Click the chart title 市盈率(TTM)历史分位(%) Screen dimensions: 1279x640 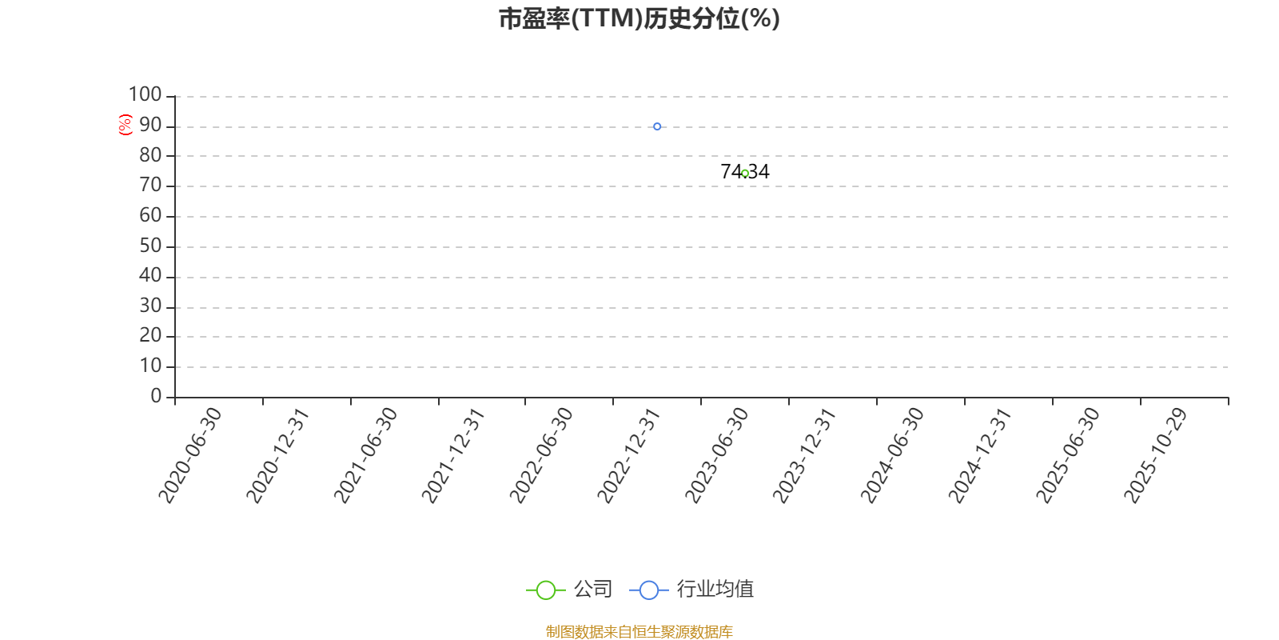point(639,18)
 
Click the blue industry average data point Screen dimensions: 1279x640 point(657,126)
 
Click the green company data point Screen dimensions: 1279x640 point(745,173)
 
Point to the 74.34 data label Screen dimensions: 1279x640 point(745,171)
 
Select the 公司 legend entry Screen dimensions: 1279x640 point(569,589)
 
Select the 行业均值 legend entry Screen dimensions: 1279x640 point(691,589)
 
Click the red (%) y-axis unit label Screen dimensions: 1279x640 point(125,125)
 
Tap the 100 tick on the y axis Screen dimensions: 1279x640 point(145,94)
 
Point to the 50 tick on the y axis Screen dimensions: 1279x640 point(151,246)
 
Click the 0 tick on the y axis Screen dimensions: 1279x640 point(156,395)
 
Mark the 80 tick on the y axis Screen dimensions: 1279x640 point(151,155)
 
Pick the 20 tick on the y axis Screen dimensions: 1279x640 point(151,335)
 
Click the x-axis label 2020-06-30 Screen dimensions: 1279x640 point(190,455)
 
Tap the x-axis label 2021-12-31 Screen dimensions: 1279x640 point(453,455)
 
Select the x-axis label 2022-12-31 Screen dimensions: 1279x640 point(629,455)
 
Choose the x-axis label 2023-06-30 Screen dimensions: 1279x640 point(717,455)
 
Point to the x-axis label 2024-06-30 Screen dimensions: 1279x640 point(892,455)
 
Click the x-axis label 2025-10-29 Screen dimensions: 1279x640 point(1156,455)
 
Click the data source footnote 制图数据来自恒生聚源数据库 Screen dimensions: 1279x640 point(639,631)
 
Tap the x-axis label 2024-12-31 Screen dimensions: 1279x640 point(980,455)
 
